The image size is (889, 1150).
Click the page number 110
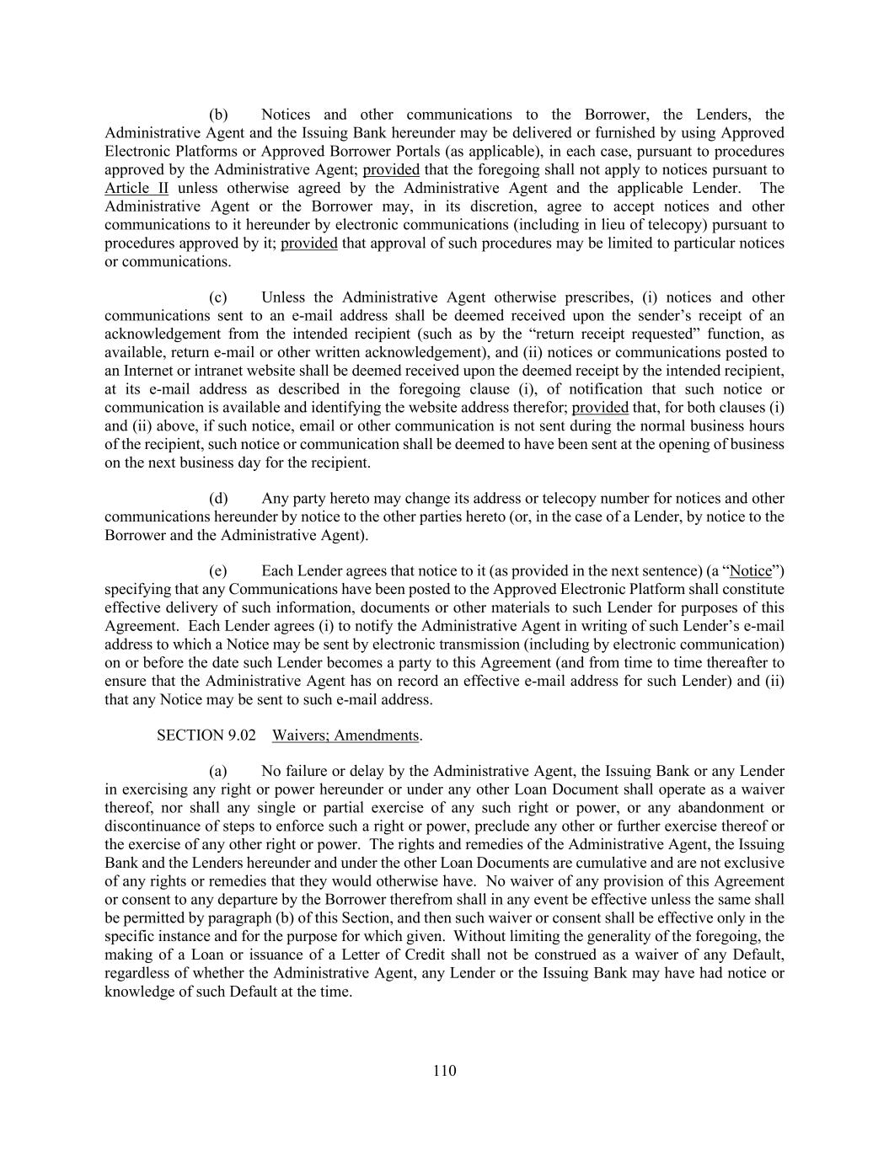tap(444, 1071)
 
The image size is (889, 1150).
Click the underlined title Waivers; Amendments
tap(345, 735)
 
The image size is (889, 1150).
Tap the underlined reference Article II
tap(137, 188)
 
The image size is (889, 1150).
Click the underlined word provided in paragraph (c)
tap(600, 408)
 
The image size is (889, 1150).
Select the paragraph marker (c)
tap(218, 297)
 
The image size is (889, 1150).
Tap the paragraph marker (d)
tap(218, 499)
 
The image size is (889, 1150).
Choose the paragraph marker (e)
tap(218, 571)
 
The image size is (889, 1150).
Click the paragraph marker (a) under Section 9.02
tap(218, 772)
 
